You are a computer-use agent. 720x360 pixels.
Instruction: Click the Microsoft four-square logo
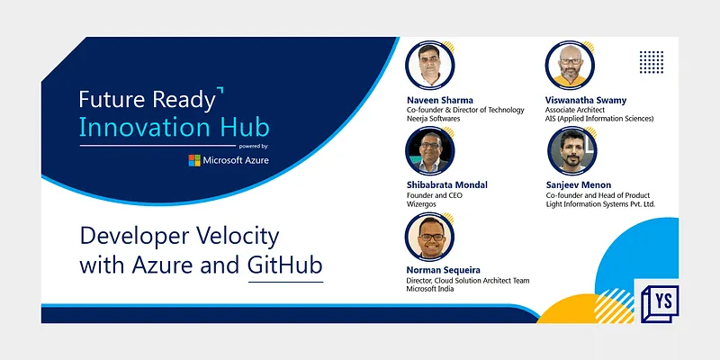click(x=194, y=160)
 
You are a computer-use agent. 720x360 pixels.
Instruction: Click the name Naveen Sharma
click(x=440, y=99)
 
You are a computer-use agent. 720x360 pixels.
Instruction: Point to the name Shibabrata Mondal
click(x=447, y=184)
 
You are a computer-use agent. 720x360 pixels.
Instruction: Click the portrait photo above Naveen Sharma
click(x=429, y=64)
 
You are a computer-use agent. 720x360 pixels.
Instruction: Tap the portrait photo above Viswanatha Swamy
click(x=570, y=64)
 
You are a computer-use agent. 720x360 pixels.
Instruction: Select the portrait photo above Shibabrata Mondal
click(x=429, y=149)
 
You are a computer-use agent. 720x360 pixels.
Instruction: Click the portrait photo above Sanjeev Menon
click(x=570, y=149)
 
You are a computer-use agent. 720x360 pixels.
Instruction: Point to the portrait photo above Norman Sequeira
click(x=429, y=236)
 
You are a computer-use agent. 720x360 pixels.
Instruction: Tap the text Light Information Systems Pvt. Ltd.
click(x=600, y=204)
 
